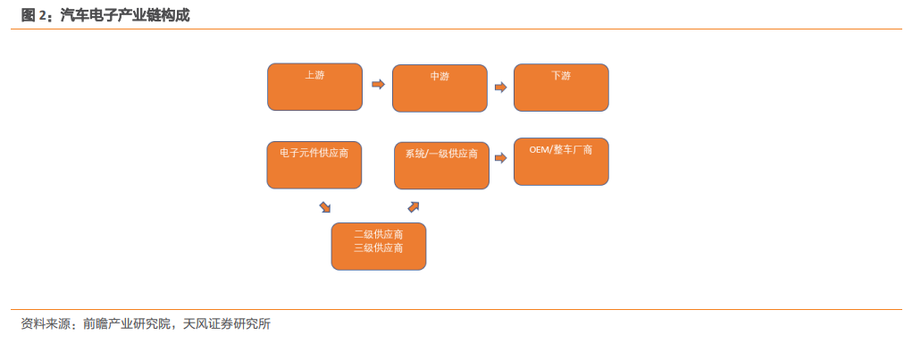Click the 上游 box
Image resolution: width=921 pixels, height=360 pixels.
click(x=314, y=87)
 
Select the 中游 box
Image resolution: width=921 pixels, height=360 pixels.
click(x=440, y=88)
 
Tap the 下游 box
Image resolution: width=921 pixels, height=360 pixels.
click(x=561, y=88)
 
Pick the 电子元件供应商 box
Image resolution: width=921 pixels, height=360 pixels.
click(x=314, y=165)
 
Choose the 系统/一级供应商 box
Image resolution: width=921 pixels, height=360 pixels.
click(x=441, y=165)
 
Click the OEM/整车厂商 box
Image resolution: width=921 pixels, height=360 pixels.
click(x=561, y=162)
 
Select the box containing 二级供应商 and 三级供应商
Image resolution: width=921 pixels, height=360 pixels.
click(x=379, y=246)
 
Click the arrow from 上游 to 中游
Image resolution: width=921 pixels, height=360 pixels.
click(x=378, y=84)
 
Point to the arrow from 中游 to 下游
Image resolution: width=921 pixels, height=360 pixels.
click(x=500, y=88)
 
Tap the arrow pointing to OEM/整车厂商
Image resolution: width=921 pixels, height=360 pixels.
click(x=500, y=158)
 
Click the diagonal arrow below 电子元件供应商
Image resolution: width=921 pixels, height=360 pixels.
click(x=325, y=206)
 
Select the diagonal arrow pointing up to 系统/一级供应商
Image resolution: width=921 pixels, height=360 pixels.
click(x=414, y=206)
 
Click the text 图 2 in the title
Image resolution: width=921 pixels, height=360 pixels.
click(x=33, y=15)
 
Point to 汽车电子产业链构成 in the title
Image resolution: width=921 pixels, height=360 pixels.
click(x=124, y=15)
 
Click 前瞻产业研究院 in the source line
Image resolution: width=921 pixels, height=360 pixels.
click(x=126, y=323)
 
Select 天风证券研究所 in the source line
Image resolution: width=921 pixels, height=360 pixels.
click(x=227, y=323)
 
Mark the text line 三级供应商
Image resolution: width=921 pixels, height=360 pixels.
click(x=379, y=247)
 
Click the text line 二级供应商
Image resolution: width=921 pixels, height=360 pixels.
click(x=379, y=234)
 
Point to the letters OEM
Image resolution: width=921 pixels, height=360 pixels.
click(x=539, y=150)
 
